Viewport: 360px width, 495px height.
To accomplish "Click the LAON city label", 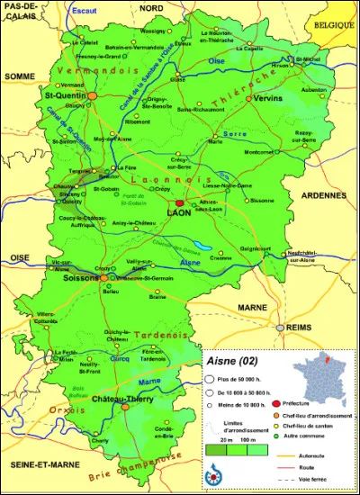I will [178, 213].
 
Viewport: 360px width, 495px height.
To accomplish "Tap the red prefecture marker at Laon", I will [179, 203].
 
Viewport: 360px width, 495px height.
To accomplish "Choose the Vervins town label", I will [267, 98].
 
